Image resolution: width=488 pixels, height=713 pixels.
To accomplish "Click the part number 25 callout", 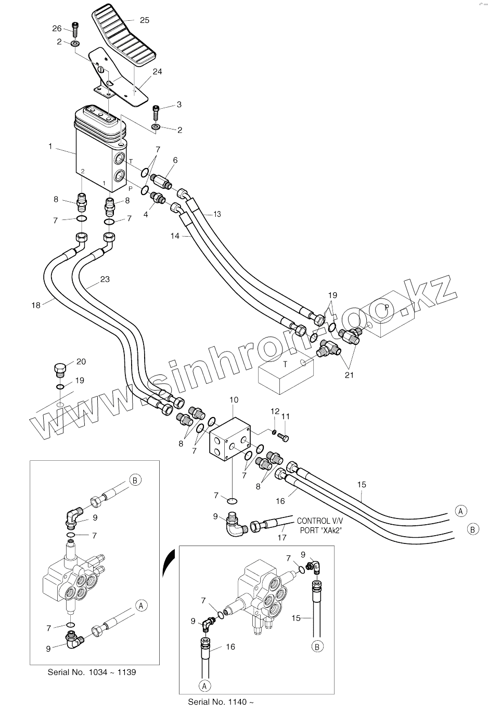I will click(144, 20).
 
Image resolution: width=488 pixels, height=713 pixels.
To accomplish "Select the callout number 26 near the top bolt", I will click(57, 28).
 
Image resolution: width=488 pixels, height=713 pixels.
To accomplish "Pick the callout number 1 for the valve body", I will click(50, 146).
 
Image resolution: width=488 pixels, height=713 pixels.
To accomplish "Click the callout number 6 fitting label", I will click(175, 160).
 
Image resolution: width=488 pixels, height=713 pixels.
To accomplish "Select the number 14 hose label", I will click(175, 236).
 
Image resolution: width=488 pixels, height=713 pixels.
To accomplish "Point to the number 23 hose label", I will click(105, 279).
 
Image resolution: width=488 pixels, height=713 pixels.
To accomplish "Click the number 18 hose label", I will click(35, 305).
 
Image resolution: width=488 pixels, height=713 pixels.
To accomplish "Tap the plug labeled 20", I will click(60, 370).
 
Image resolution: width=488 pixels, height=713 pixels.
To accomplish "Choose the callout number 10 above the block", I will click(234, 399).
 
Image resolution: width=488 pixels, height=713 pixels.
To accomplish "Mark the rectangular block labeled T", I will click(286, 373).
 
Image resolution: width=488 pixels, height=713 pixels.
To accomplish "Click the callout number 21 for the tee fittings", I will click(349, 374).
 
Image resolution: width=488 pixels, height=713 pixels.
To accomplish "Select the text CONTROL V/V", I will click(318, 521).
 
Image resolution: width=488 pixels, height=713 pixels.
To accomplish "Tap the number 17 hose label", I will click(281, 538).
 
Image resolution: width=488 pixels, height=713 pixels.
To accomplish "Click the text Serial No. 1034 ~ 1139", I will click(92, 672).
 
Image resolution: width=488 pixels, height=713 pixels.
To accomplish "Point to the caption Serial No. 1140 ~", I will click(221, 702).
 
